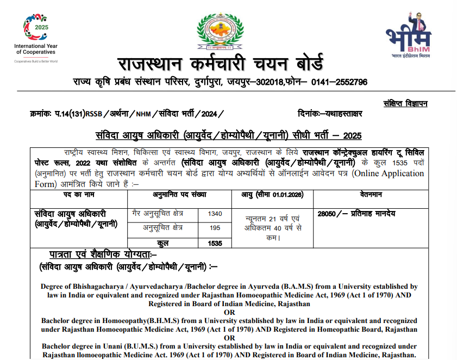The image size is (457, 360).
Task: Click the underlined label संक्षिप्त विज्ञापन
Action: point(405,103)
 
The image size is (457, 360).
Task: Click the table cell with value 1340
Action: point(215,214)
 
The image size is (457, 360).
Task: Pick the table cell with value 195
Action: point(215,228)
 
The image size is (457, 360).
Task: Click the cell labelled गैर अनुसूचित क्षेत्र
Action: point(162,214)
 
